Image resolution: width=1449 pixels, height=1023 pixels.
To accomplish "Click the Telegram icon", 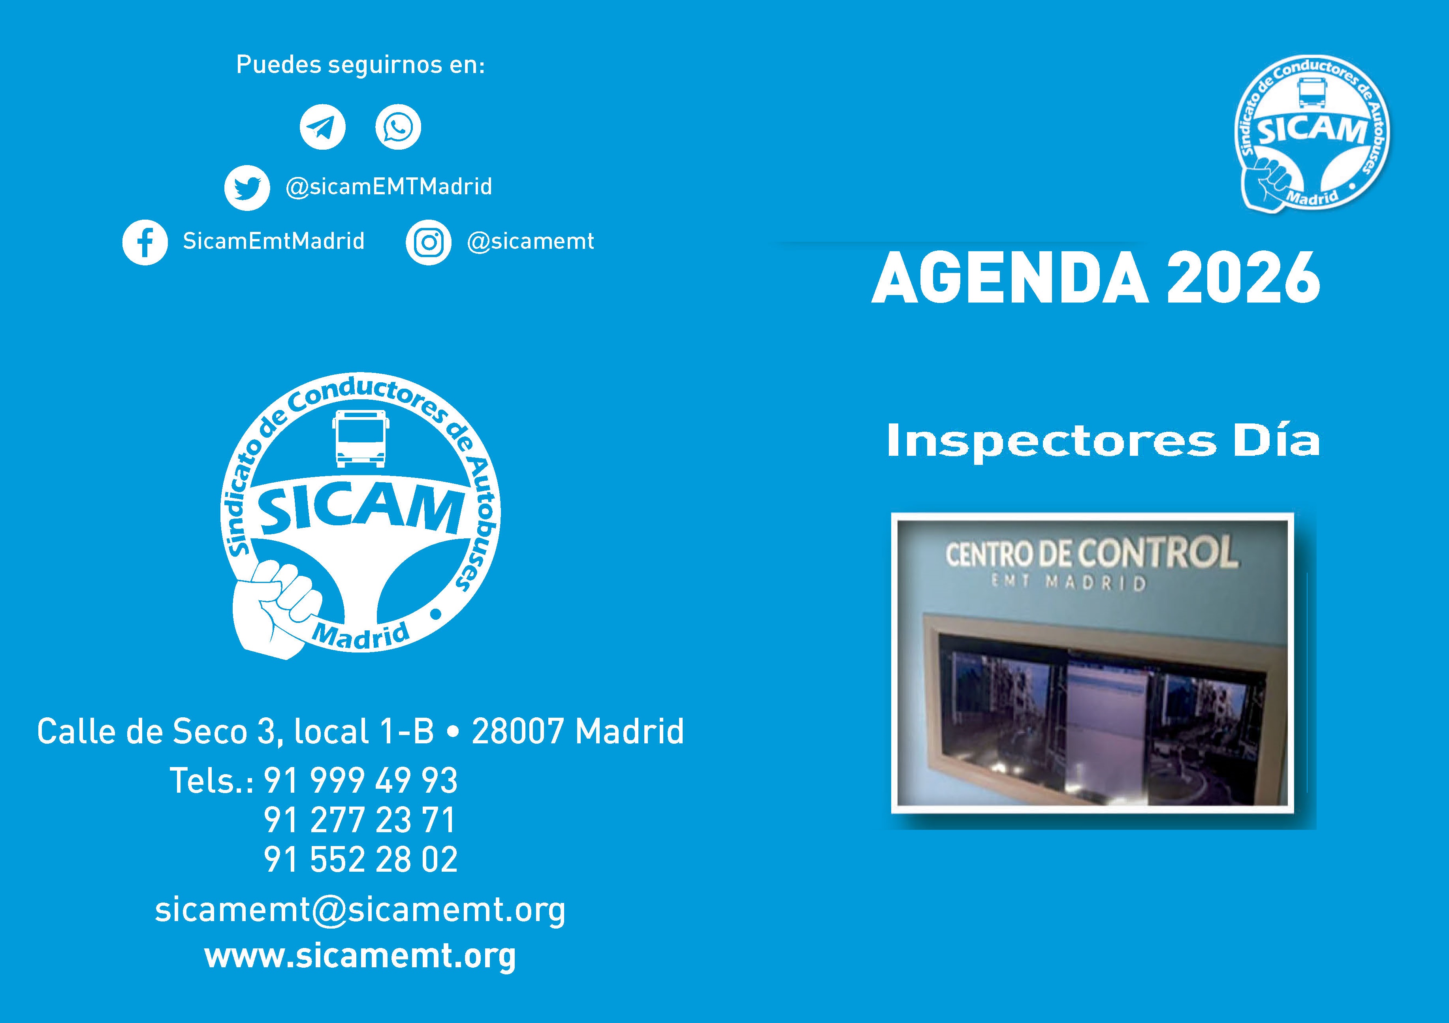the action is (322, 127).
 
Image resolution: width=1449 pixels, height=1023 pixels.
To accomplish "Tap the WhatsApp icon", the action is (398, 127).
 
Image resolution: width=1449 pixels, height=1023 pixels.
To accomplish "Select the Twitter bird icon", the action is (247, 188).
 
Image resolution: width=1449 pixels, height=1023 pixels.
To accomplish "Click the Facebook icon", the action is (145, 243).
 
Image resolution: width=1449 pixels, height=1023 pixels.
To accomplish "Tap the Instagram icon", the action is (429, 243).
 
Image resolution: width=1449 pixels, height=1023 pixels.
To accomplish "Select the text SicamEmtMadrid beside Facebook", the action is (274, 241).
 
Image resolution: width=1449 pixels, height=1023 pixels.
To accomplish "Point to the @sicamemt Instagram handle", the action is (530, 241).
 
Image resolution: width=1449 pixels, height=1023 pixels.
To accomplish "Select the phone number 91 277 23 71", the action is (360, 820).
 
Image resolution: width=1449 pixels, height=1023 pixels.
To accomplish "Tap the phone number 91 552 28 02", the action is (360, 859).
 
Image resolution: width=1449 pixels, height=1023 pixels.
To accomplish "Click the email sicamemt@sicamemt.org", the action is (360, 910).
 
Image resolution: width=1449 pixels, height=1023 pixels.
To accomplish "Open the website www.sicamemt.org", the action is (360, 957).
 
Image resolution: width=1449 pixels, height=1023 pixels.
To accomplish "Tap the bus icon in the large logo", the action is (360, 438).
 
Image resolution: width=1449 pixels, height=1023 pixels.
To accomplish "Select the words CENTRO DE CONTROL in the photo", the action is (1091, 552).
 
